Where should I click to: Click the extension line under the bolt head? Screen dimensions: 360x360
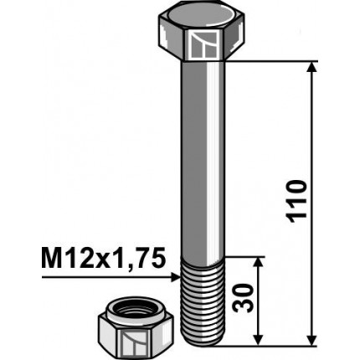[276, 61]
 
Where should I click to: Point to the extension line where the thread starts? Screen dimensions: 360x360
[247, 256]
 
